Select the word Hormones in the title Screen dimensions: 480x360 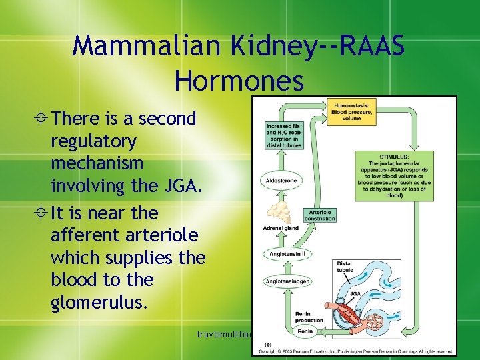click(x=239, y=81)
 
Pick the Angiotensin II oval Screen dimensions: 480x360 click(x=284, y=254)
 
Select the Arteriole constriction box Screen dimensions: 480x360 click(x=319, y=215)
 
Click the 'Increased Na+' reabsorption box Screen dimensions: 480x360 click(x=283, y=135)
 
